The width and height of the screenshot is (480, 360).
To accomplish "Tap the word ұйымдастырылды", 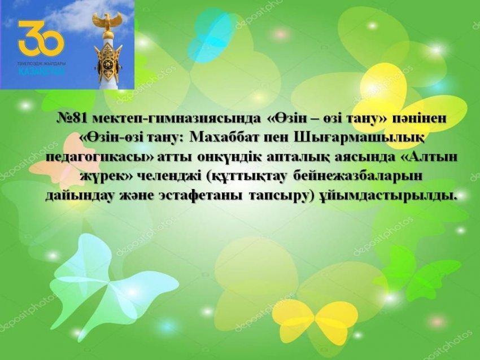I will coord(390,195).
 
